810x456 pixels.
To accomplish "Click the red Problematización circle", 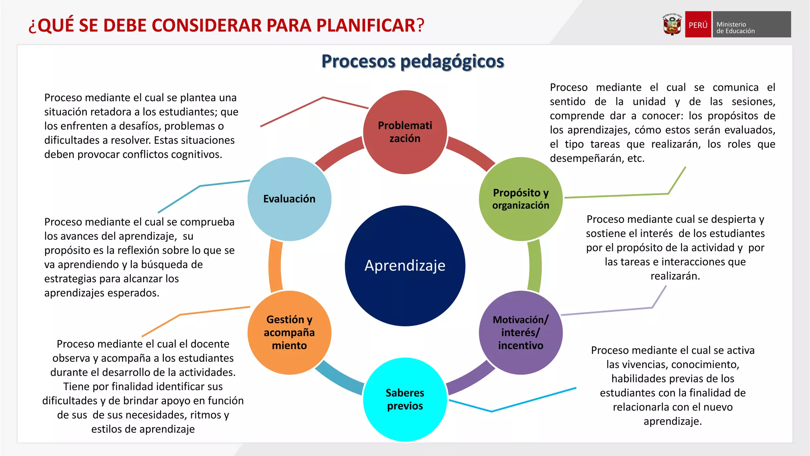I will tap(405, 132).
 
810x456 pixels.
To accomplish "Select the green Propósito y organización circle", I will tap(520, 199).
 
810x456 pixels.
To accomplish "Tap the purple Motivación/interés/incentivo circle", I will tap(520, 332).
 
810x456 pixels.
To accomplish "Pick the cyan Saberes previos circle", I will tap(405, 399).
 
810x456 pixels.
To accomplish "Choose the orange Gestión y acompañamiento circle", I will tap(289, 332).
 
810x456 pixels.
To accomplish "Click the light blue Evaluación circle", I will tap(289, 199).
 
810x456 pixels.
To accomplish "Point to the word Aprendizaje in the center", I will tap(405, 266).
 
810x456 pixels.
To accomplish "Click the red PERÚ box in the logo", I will tap(698, 25).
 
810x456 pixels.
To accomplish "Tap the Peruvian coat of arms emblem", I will tap(672, 25).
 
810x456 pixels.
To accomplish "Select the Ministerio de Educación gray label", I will tap(751, 25).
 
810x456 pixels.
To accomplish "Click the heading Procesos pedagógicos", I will tap(413, 61).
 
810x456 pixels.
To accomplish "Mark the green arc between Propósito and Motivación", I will tap(535, 266).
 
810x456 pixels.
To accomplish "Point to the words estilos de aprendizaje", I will tap(143, 429).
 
